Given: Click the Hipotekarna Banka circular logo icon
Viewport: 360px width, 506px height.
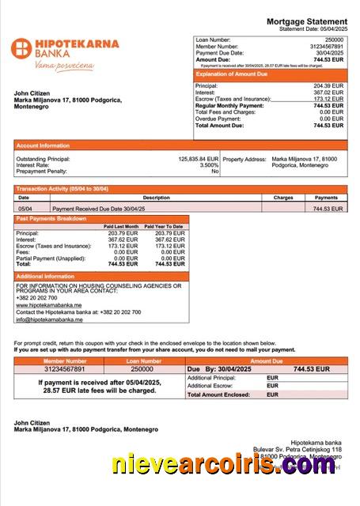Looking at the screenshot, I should pos(20,48).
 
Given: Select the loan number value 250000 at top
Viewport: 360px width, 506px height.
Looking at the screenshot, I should pos(334,39).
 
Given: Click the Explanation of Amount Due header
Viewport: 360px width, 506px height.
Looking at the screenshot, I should pos(236,74).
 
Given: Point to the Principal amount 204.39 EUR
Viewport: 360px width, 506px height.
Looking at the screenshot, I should pos(328,85).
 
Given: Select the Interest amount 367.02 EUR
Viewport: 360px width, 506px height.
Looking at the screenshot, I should pos(328,92).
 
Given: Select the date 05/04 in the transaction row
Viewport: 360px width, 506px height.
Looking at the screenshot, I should pos(25,209).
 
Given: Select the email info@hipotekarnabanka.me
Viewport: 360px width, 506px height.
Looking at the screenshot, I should pos(49,319).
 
